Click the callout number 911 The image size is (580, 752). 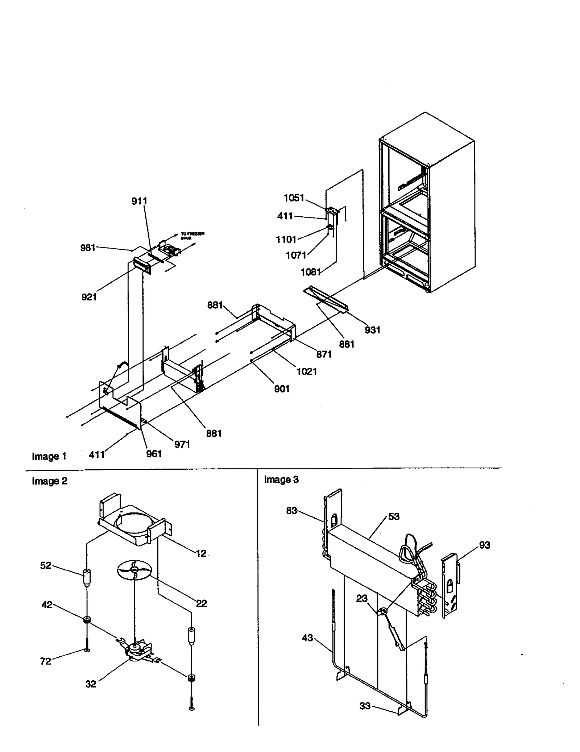[x=139, y=201]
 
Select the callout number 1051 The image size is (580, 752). [x=294, y=198]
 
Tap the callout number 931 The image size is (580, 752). [x=372, y=330]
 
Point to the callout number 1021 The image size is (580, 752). [x=307, y=371]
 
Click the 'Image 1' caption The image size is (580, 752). [x=49, y=456]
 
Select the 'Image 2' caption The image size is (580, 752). [x=50, y=481]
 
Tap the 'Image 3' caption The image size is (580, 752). [x=281, y=480]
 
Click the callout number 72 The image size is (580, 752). [x=46, y=661]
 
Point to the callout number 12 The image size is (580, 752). [x=201, y=553]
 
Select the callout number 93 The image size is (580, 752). [x=484, y=545]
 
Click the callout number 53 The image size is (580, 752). [x=394, y=516]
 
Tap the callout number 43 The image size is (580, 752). [x=307, y=638]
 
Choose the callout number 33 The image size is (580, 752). [x=365, y=706]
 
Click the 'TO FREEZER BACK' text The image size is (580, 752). [x=192, y=236]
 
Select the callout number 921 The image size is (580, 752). [x=89, y=297]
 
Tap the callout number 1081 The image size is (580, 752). [x=311, y=272]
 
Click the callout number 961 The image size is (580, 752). [x=154, y=454]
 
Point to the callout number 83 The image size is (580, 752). [x=291, y=511]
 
